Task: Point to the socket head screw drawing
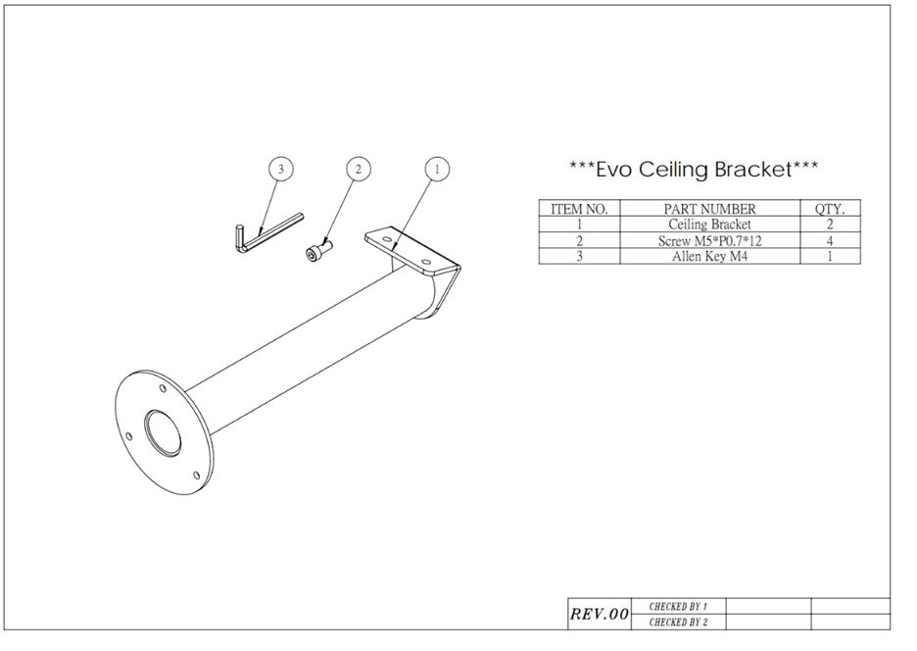[318, 250]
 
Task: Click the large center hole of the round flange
[163, 432]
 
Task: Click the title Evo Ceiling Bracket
[694, 170]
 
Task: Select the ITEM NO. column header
[579, 209]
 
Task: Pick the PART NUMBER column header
[709, 209]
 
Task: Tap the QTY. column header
[830, 209]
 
